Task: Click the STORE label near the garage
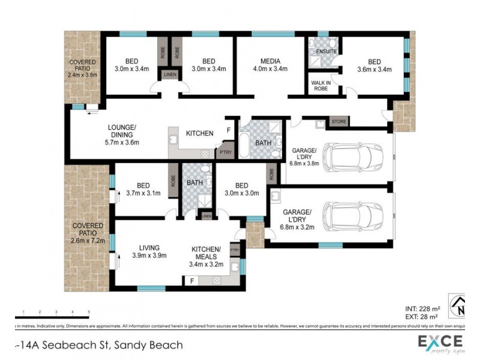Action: (x=339, y=122)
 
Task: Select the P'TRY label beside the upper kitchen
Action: (x=226, y=152)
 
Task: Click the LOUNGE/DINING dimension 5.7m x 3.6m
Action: (x=123, y=142)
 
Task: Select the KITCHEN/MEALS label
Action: (x=206, y=253)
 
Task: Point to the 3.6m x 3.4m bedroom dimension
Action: (x=374, y=69)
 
